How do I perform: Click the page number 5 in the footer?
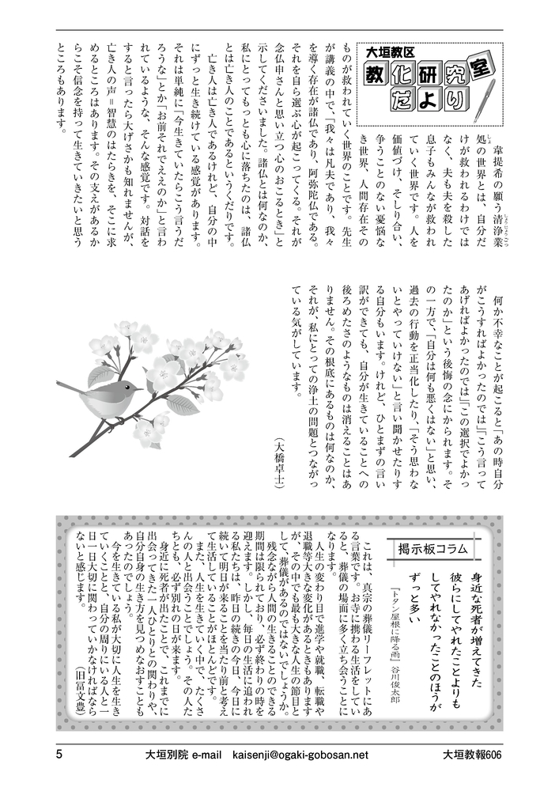(59, 754)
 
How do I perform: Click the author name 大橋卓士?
(277, 467)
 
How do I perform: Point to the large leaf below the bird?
(182, 404)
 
